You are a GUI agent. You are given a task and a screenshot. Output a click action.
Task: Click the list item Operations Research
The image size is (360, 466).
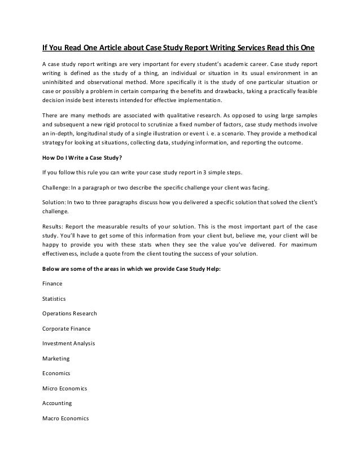(x=69, y=313)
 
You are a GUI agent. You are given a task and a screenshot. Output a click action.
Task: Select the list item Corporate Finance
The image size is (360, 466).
(x=66, y=328)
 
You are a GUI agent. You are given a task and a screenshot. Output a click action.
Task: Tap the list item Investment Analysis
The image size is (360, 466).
(x=68, y=342)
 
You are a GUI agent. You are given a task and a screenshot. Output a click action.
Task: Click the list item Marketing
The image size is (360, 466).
(x=56, y=358)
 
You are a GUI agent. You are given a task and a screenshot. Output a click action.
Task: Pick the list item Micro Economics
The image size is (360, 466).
(x=64, y=388)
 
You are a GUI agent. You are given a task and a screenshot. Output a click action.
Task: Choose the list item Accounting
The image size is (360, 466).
(x=57, y=403)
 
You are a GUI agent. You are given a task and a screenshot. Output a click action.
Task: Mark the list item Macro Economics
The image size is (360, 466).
(x=65, y=419)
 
